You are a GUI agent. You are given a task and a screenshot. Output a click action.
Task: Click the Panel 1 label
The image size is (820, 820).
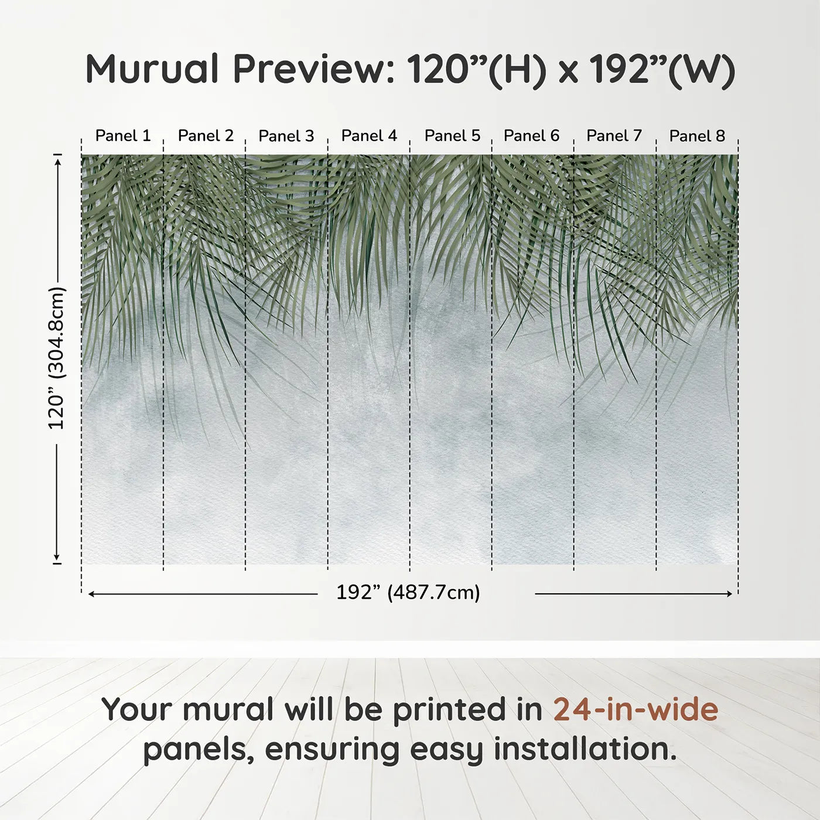[123, 136]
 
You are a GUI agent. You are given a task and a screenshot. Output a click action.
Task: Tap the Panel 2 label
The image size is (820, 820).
[206, 136]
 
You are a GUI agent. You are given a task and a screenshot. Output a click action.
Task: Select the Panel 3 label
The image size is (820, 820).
[286, 136]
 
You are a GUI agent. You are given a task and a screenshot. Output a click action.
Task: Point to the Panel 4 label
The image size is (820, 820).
[369, 136]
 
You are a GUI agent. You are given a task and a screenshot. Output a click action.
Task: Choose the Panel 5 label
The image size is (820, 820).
[452, 136]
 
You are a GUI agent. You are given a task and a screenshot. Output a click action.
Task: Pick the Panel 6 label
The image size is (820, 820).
[531, 136]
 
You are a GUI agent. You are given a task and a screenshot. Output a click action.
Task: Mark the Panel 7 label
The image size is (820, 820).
[614, 136]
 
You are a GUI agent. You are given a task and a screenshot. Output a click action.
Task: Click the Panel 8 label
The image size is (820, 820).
[697, 136]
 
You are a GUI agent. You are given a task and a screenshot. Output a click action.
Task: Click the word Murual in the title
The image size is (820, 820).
[152, 69]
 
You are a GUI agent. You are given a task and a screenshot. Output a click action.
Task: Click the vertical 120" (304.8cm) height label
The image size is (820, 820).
[57, 358]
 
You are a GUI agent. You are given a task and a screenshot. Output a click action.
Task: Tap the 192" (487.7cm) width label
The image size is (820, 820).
[408, 593]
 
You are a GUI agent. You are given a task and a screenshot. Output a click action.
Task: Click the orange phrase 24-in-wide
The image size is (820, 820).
[635, 710]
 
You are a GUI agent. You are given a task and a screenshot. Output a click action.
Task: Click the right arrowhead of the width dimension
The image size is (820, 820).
[729, 594]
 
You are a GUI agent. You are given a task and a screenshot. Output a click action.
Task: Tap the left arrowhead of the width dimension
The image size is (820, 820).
[91, 594]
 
